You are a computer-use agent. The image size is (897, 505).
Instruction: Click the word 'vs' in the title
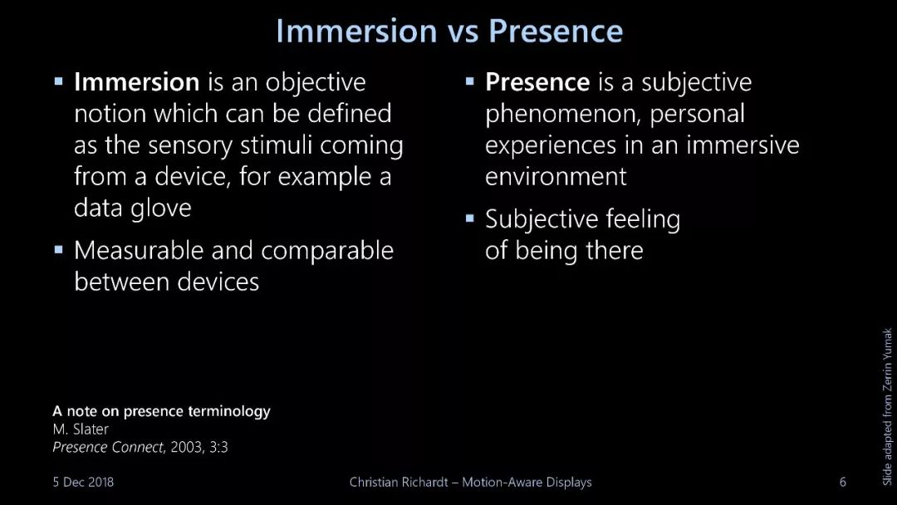point(463,32)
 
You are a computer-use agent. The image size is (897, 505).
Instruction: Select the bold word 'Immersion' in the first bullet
point(137,81)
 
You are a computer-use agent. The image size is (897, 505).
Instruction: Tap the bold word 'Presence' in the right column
point(537,81)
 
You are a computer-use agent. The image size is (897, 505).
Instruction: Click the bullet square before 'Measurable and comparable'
point(58,249)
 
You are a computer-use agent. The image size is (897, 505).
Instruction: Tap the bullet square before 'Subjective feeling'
point(469,218)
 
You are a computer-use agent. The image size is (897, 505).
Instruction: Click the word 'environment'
point(556,176)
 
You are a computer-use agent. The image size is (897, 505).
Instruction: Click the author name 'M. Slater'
point(80,429)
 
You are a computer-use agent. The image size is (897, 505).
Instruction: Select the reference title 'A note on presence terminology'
point(161,411)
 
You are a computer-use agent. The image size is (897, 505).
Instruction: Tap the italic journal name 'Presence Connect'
point(108,447)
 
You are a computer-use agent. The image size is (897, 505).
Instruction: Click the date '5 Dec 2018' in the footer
point(83,482)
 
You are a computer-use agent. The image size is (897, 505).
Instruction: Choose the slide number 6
point(843,482)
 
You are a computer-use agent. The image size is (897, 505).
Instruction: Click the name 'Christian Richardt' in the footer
point(399,482)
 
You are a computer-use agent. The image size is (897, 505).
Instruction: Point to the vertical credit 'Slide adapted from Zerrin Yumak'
point(887,407)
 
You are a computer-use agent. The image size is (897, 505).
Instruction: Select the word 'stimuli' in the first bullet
point(276,145)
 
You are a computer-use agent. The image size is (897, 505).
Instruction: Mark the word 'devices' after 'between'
point(218,282)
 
